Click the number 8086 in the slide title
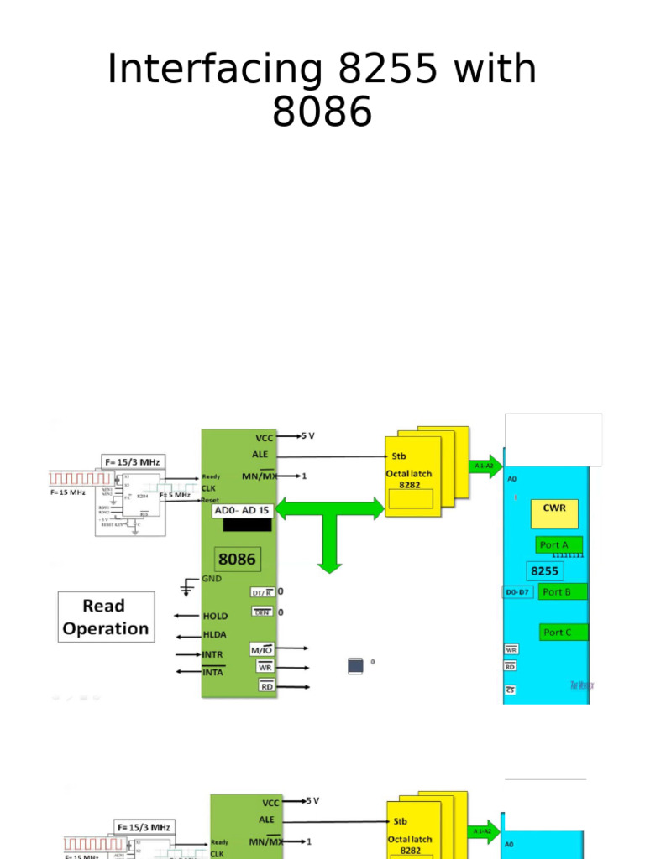(322, 112)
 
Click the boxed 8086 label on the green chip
(237, 559)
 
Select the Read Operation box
(106, 617)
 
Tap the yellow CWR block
(554, 513)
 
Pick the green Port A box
(559, 544)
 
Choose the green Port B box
(563, 591)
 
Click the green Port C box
(564, 632)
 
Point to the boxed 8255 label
(544, 570)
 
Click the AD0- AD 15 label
(243, 511)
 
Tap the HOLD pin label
(215, 616)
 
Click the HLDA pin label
(215, 635)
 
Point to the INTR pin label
(213, 654)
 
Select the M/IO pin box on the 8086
(261, 649)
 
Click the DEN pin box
(262, 612)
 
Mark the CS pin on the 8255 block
(510, 690)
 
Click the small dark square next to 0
(356, 666)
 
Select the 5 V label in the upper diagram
(308, 436)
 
